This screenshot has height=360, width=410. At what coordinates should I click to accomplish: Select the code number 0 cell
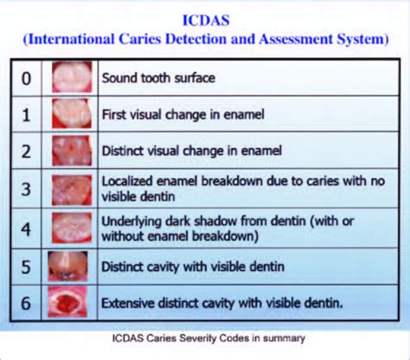coord(27,79)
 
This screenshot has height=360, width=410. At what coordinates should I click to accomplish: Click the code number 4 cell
coord(27,228)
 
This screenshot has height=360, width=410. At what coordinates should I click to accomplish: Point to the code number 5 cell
coord(27,266)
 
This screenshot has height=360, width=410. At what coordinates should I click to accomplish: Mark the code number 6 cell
coord(27,303)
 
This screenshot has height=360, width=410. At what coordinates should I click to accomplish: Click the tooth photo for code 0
coord(71,78)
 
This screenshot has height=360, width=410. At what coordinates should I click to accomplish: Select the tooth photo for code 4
coord(71,228)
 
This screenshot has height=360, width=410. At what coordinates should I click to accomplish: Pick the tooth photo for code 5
coord(71,266)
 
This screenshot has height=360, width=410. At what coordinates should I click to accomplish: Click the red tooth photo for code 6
coord(71,303)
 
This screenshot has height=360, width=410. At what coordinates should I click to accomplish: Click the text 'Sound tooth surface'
coord(158,79)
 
